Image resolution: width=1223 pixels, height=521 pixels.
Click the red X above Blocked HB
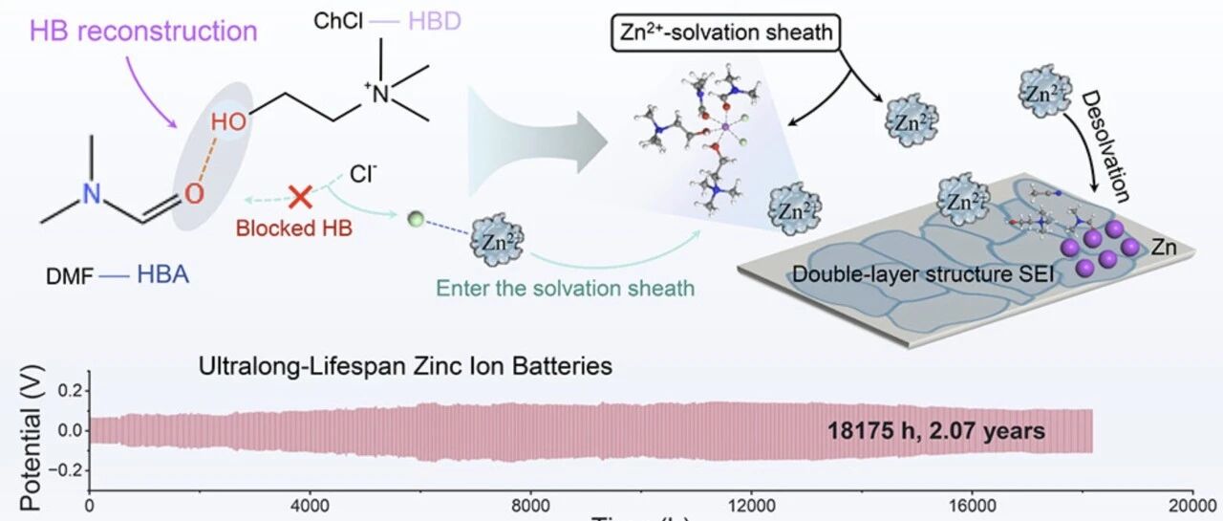click(x=299, y=197)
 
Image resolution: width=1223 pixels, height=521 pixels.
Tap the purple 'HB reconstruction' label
click(x=144, y=31)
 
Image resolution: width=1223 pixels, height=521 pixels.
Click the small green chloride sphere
click(x=413, y=219)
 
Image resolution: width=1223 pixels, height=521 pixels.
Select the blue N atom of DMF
click(x=90, y=193)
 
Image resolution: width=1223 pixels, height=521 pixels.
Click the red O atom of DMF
click(x=194, y=195)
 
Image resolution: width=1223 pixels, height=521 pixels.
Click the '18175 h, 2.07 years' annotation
click(x=935, y=431)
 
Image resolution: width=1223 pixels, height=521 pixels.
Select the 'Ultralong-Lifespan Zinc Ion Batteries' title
click(x=405, y=365)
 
